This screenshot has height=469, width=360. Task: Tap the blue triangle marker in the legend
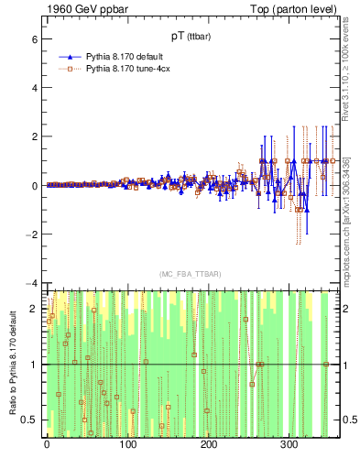[x=68, y=57]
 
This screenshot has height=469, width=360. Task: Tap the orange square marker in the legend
[x=68, y=68]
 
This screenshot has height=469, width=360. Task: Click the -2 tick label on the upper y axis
[x=30, y=234]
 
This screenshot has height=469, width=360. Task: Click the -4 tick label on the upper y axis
[x=30, y=283]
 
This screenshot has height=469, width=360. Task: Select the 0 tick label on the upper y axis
[x=33, y=186]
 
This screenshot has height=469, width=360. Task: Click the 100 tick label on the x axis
[x=127, y=446]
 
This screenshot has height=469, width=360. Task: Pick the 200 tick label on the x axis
[x=208, y=446]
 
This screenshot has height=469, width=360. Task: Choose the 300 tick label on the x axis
[x=289, y=446]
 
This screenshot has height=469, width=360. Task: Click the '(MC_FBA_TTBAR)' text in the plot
[x=188, y=274]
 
